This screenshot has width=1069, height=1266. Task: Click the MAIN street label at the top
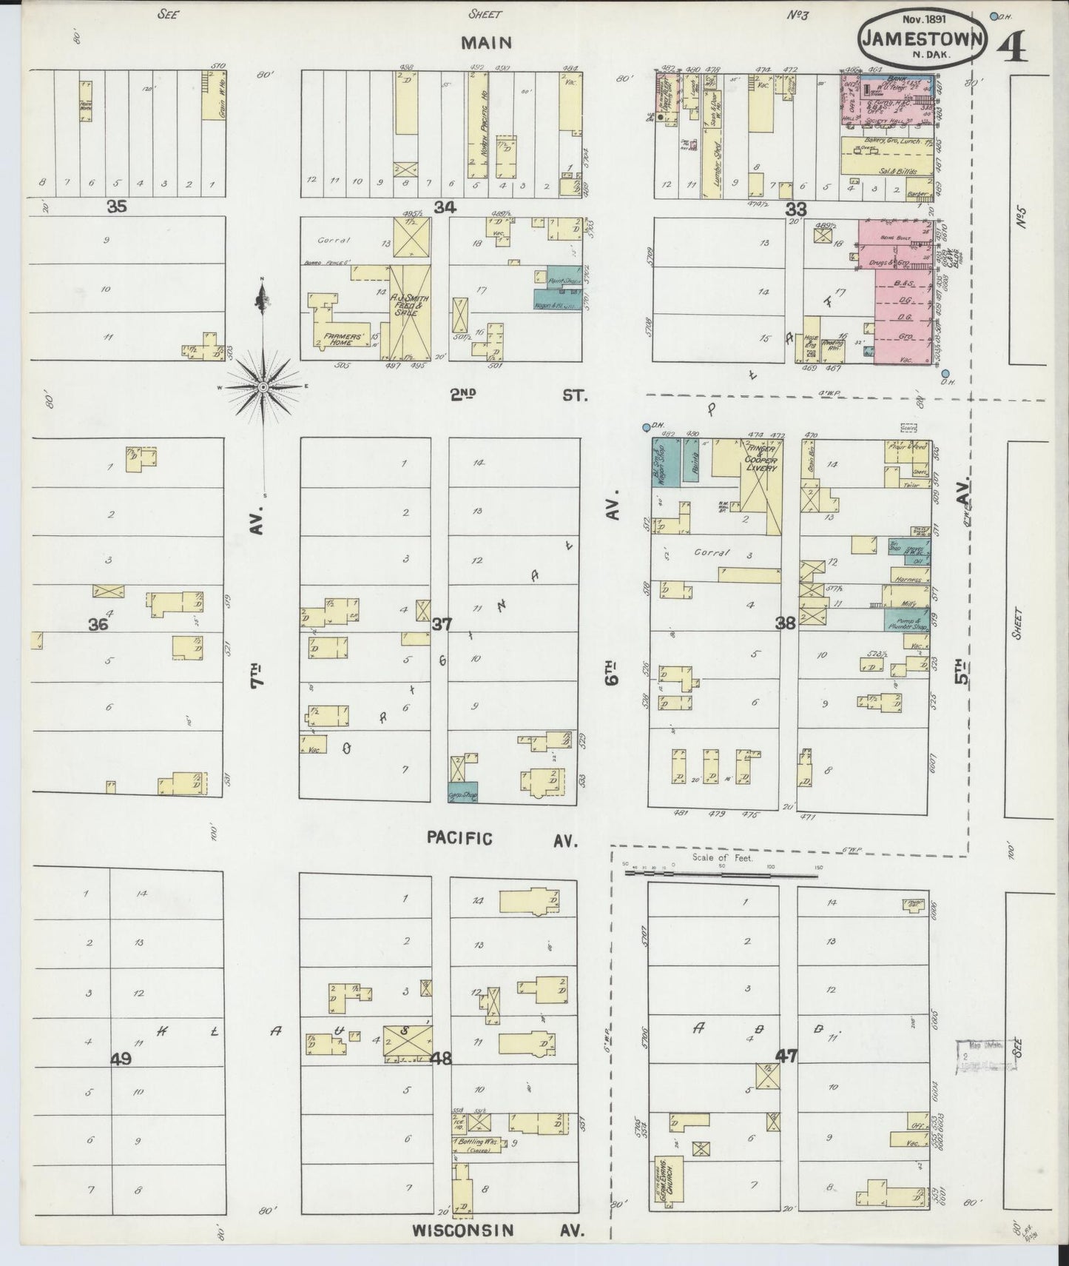click(x=486, y=42)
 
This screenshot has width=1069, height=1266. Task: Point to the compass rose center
click(x=263, y=387)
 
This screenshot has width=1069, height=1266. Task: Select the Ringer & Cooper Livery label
click(x=760, y=458)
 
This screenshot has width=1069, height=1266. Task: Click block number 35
click(x=117, y=207)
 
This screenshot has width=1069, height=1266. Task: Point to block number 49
click(x=121, y=1059)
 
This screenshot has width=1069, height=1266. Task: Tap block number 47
click(x=786, y=1056)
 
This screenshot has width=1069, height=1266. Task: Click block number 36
click(x=98, y=625)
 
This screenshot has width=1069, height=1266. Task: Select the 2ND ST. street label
click(x=518, y=395)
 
